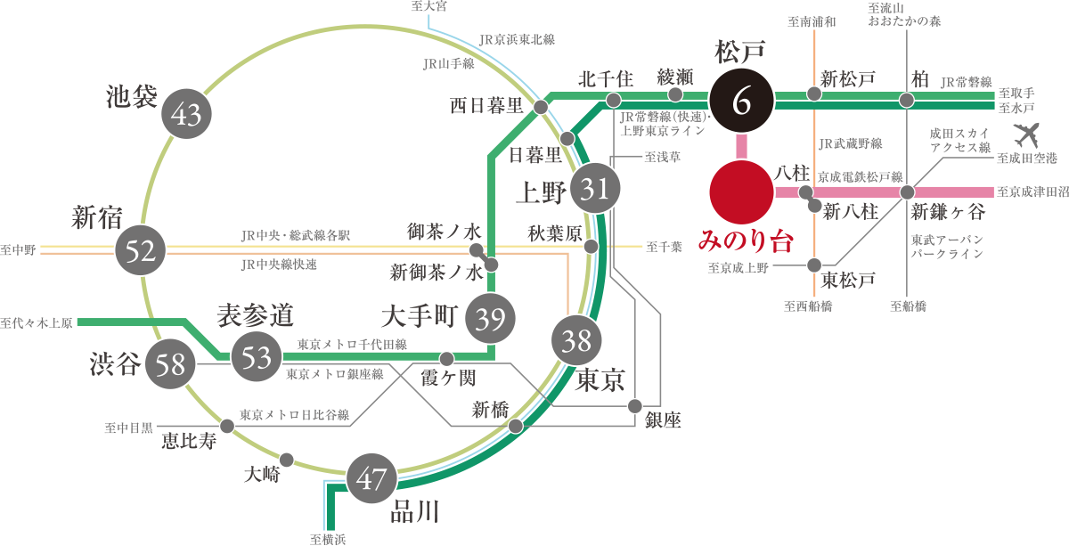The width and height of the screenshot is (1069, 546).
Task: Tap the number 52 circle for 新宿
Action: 142,251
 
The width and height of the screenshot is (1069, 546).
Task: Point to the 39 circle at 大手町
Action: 491,319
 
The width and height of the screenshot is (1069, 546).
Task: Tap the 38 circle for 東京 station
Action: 576,339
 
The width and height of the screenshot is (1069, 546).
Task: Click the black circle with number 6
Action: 742,102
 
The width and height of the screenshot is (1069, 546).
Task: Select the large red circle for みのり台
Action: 742,192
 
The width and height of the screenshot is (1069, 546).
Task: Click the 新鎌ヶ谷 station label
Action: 947,212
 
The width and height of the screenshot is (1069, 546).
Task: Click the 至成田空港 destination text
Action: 1027,159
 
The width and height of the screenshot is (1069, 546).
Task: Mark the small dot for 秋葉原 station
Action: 591,245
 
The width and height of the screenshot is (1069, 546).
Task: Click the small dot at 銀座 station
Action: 634,406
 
